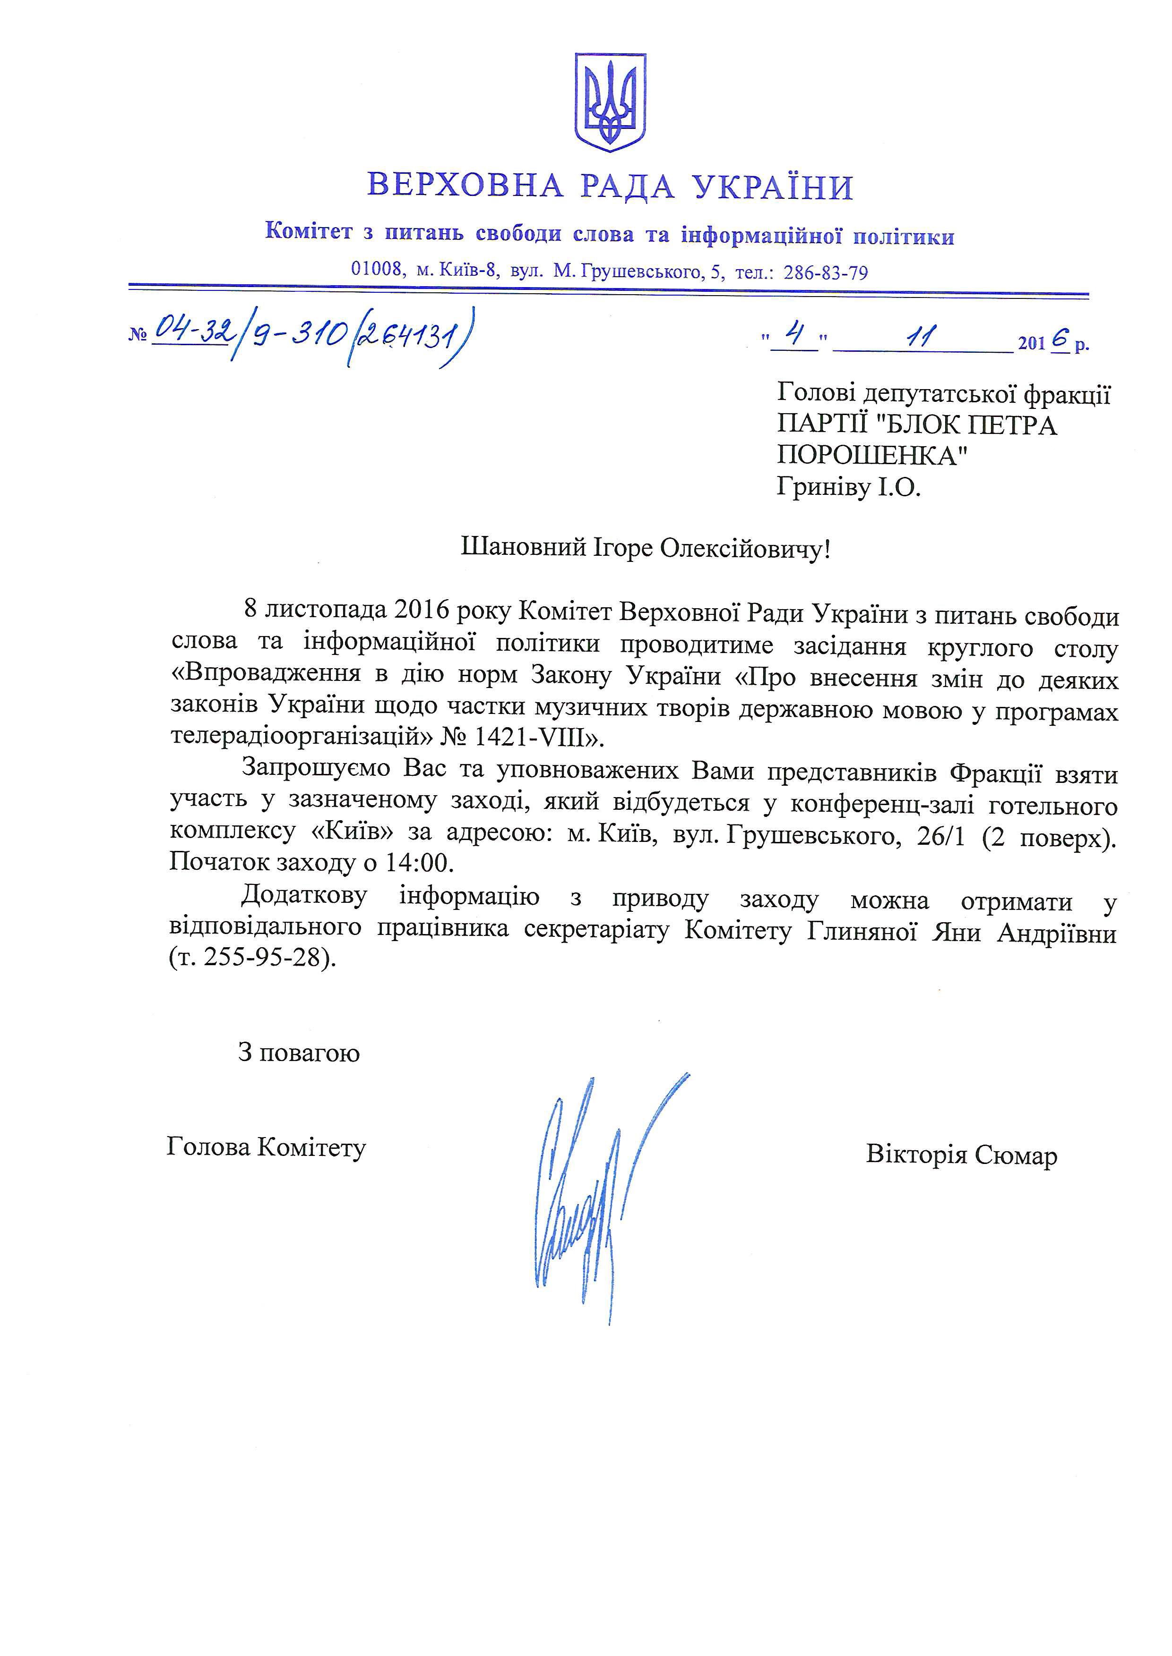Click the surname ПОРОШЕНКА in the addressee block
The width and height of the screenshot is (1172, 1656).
click(872, 456)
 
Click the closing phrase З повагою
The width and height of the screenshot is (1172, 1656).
click(299, 1053)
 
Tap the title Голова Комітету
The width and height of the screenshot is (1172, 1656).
click(266, 1147)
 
